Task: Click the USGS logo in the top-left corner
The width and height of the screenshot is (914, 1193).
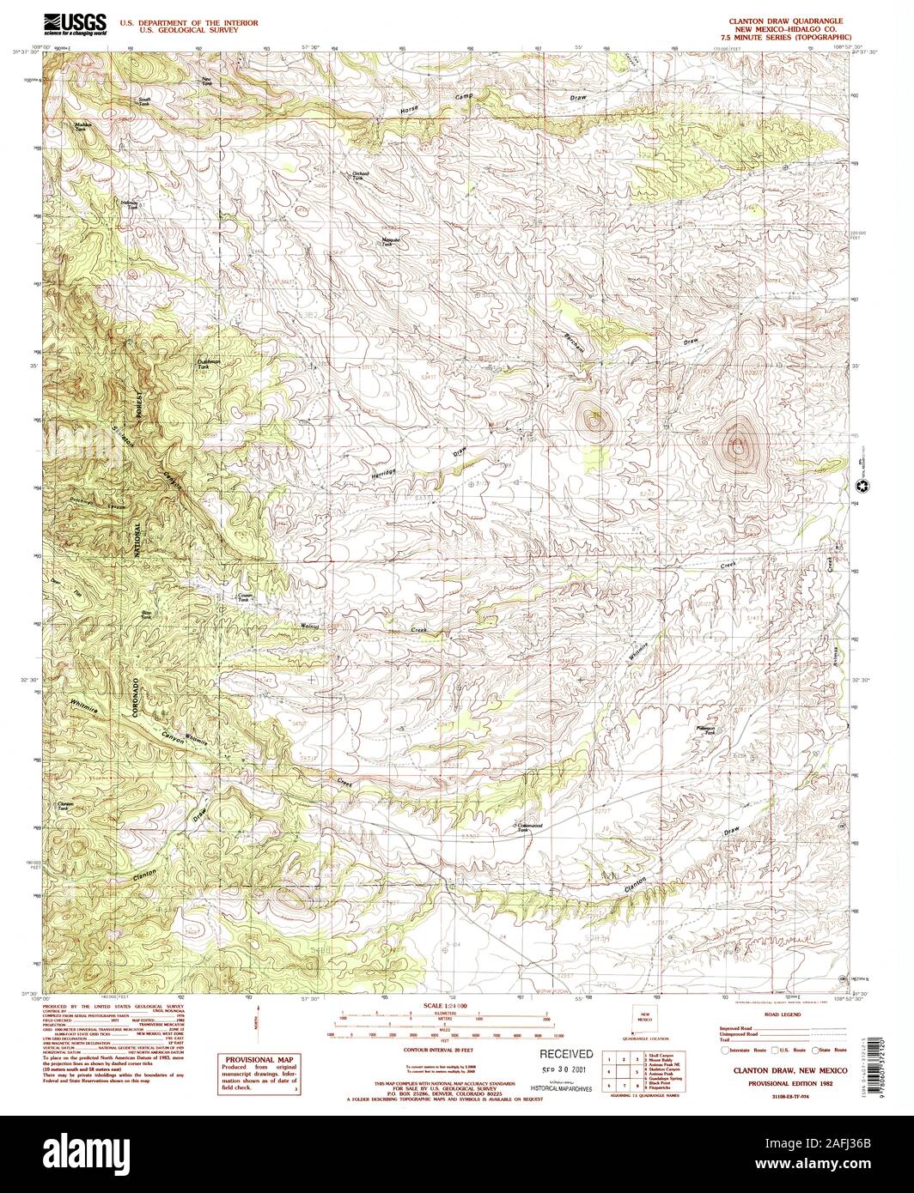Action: point(76,23)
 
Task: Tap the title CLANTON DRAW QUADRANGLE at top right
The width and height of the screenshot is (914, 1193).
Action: point(785,19)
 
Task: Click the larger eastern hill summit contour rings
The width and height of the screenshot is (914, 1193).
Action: point(738,445)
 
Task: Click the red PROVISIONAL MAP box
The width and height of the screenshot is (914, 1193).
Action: point(253,1073)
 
